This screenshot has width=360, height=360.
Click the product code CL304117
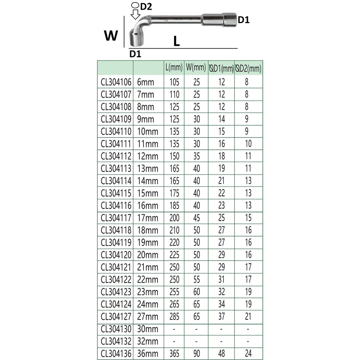coord(116,218)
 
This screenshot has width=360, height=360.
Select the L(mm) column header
coord(174,67)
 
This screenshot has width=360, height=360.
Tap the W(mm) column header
coord(196,67)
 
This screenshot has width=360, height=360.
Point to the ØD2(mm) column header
coord(249,69)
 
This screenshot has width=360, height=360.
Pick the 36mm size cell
coord(148,354)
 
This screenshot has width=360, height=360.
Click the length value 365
coord(174,354)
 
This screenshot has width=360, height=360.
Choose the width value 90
coord(197,354)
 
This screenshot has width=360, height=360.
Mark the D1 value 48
coord(221,354)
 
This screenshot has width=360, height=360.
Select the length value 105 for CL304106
coord(174,82)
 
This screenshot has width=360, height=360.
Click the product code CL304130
coord(116,329)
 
